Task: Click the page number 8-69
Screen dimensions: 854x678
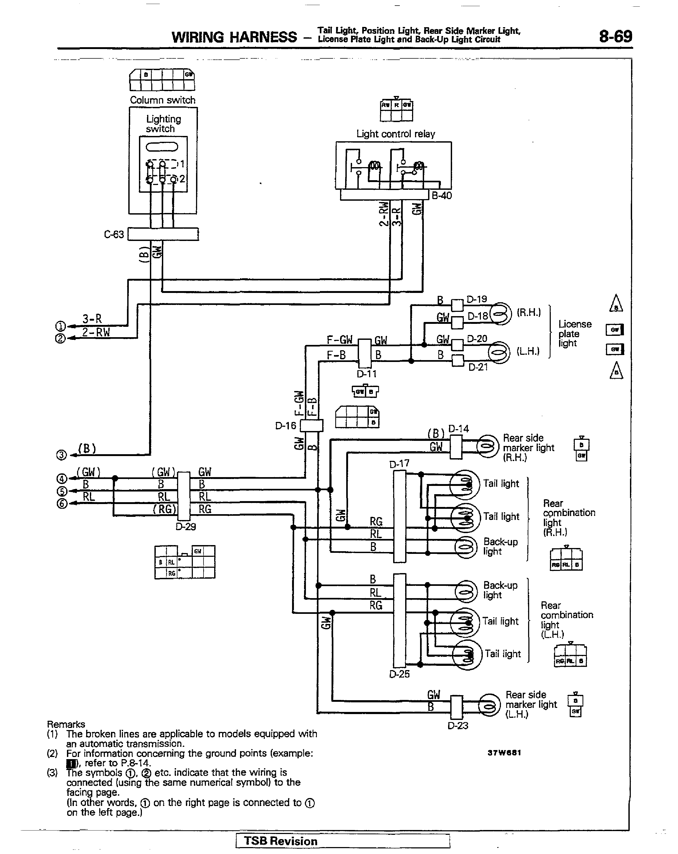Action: tap(615, 37)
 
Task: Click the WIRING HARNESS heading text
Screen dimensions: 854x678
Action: tap(234, 37)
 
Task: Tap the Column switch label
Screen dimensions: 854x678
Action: tap(162, 100)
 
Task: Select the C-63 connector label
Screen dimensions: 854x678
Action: tap(114, 235)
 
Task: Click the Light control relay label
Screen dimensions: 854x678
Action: tap(396, 134)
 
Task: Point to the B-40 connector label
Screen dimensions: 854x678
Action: tap(441, 196)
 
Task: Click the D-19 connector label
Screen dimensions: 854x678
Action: tap(477, 299)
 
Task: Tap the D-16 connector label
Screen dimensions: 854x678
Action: tap(286, 426)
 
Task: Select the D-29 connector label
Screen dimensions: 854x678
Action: tap(185, 527)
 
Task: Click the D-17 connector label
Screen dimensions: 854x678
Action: tap(399, 464)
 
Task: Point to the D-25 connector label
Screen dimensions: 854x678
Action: tap(399, 674)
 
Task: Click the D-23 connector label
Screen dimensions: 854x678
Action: tap(458, 726)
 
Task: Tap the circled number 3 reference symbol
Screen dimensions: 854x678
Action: tap(61, 455)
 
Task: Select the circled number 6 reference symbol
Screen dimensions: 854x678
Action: tap(61, 504)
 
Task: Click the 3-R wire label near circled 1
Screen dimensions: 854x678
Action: tap(92, 319)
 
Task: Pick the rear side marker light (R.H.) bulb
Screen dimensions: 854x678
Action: tap(487, 446)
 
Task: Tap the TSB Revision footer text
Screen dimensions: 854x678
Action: tap(281, 841)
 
